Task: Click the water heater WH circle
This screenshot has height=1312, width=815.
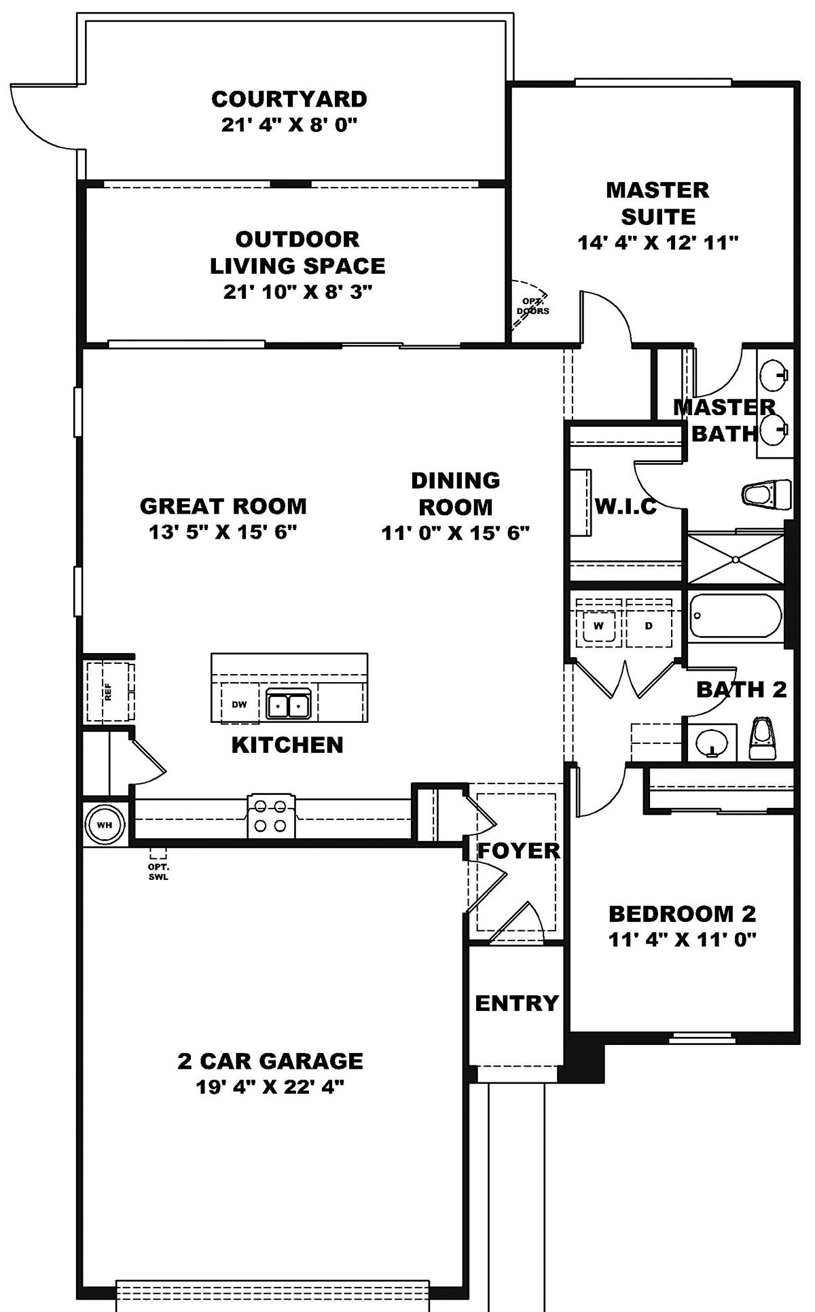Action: point(104,824)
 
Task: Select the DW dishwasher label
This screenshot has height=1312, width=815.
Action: point(239,705)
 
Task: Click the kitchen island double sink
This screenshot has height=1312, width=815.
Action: point(288,706)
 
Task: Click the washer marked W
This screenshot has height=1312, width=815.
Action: point(598,626)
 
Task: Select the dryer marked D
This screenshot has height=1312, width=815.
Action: point(649,626)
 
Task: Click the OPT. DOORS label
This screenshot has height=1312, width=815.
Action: point(532,306)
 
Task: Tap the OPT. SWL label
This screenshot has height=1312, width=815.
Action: point(158,872)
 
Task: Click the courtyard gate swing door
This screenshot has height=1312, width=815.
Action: point(41,116)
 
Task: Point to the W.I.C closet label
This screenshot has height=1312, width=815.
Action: point(626,506)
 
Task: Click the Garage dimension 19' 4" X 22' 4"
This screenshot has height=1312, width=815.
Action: point(270,1087)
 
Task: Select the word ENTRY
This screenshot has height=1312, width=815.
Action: point(516,1003)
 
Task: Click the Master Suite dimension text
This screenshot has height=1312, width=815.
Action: point(657,243)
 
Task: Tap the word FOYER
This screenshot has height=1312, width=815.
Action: point(519,851)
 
